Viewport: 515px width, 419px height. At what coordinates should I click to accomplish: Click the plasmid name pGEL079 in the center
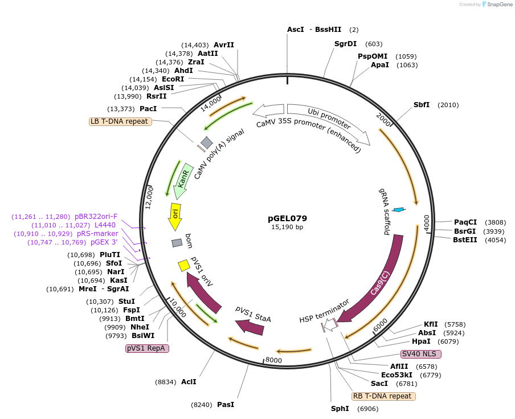[x=287, y=218]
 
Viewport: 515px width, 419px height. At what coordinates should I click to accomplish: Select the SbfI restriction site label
[x=422, y=105]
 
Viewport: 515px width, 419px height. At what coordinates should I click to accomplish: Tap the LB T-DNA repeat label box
[x=120, y=121]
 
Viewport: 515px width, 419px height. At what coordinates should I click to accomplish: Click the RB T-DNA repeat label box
[x=383, y=396]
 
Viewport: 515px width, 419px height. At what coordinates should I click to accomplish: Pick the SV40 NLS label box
[x=421, y=354]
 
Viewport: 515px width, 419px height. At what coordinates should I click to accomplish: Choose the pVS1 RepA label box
[x=147, y=348]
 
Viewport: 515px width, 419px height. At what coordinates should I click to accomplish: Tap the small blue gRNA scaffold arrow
[x=399, y=210]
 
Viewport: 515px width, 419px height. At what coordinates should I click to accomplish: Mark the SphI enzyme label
[x=340, y=409]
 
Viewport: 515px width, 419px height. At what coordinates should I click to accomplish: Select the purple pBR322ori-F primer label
[x=96, y=217]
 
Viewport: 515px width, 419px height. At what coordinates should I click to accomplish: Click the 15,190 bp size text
[x=287, y=227]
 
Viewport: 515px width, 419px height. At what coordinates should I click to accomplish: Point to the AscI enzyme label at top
[x=296, y=30]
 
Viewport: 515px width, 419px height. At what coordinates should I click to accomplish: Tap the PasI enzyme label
[x=226, y=405]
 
